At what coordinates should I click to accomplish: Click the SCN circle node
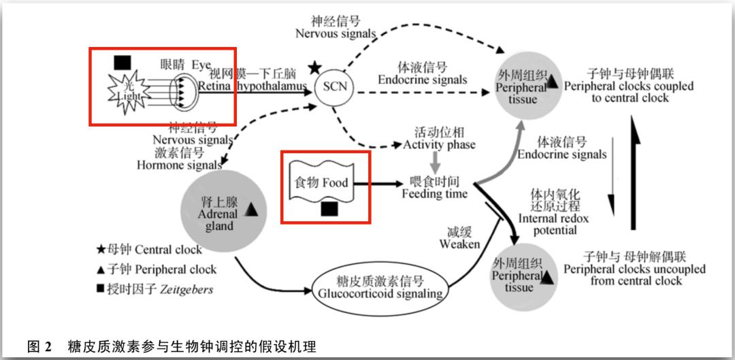(x=335, y=86)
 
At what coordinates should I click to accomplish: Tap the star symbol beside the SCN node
(x=314, y=68)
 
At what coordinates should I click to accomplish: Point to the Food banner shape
(x=321, y=182)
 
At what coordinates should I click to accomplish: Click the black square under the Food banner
(x=330, y=208)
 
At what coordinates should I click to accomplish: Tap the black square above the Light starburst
(x=122, y=63)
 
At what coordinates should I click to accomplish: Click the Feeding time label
(x=434, y=188)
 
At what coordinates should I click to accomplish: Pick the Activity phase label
(x=439, y=139)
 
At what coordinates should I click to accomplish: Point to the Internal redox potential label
(x=553, y=212)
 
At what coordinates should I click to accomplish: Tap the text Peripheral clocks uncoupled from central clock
(x=634, y=269)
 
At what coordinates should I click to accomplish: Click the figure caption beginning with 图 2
(x=171, y=346)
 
